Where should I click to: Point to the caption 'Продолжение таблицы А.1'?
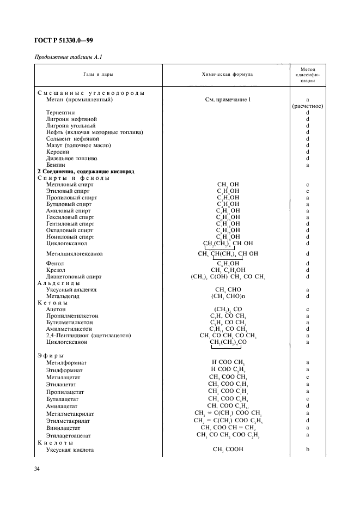click(x=68, y=57)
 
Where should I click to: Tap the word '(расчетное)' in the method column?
click(x=308, y=106)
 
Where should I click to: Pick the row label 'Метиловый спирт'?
click(x=70, y=185)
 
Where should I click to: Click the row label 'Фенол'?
click(x=55, y=263)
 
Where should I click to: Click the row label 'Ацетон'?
click(x=56, y=309)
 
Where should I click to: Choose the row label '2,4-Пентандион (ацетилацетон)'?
click(x=88, y=336)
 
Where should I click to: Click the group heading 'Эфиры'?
click(x=51, y=355)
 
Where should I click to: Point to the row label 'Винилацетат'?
click(x=64, y=428)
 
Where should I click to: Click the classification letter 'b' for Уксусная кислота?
click(x=308, y=450)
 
